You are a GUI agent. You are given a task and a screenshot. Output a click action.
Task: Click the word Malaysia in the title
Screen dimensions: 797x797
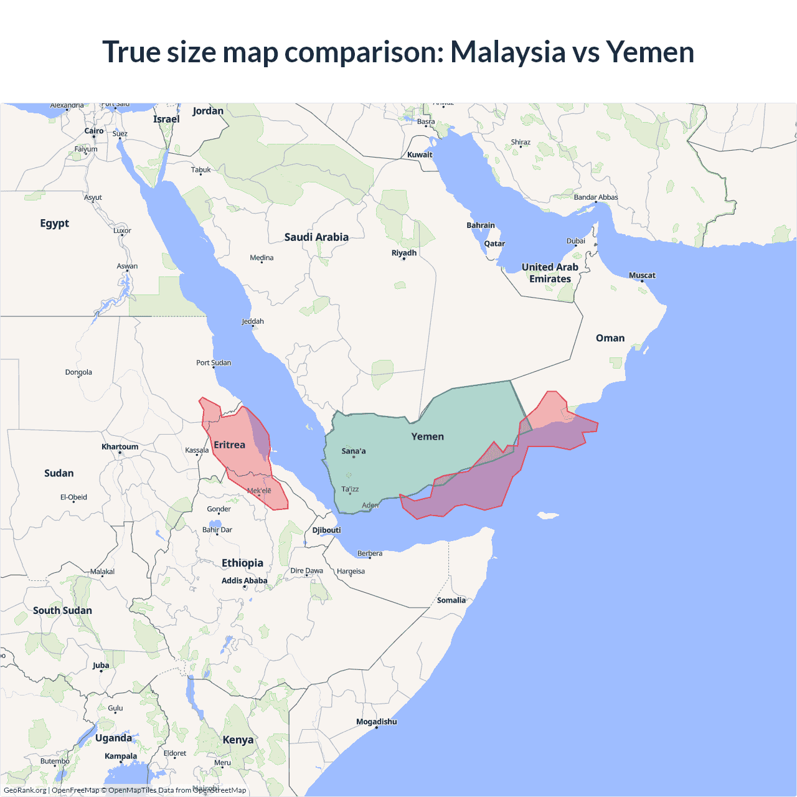coord(507,52)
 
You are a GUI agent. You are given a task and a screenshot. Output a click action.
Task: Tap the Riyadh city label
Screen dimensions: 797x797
coord(404,253)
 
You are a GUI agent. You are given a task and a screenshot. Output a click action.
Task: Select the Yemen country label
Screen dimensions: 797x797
coord(428,436)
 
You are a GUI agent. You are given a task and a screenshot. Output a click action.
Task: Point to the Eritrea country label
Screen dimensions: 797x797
coord(229,445)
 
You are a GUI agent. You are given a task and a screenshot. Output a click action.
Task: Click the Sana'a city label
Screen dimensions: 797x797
coord(354,451)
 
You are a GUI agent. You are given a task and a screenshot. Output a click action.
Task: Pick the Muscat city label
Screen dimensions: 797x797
coord(642,275)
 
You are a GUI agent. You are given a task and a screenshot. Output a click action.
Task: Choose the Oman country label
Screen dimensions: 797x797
coord(610,338)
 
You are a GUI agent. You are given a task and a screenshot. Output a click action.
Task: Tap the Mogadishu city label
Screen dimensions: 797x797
coord(376,722)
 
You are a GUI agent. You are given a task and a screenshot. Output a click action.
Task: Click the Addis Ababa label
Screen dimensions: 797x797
coord(245,580)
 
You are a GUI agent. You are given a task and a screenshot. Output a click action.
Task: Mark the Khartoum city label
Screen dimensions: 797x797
coord(120,446)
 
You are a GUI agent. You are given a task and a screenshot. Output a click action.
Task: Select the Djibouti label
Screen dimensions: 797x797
coord(327,530)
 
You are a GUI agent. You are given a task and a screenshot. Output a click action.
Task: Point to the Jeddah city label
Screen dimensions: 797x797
coord(253,321)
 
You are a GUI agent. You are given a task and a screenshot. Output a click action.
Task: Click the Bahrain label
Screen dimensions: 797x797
coord(481,225)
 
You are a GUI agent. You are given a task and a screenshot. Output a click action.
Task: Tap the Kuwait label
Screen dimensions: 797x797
coord(420,154)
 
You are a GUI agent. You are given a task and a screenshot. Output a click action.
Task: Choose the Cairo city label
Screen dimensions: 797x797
coord(94,131)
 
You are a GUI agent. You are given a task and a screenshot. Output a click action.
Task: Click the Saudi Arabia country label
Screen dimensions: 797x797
coord(316,237)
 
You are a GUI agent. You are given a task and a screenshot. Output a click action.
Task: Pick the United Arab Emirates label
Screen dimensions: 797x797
coord(550,273)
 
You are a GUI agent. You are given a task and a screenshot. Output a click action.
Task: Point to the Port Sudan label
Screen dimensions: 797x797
coord(214,362)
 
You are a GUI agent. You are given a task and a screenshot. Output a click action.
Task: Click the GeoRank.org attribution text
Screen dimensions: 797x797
coord(25,790)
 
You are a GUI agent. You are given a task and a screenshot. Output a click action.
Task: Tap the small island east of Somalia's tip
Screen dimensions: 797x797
coord(548,515)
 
